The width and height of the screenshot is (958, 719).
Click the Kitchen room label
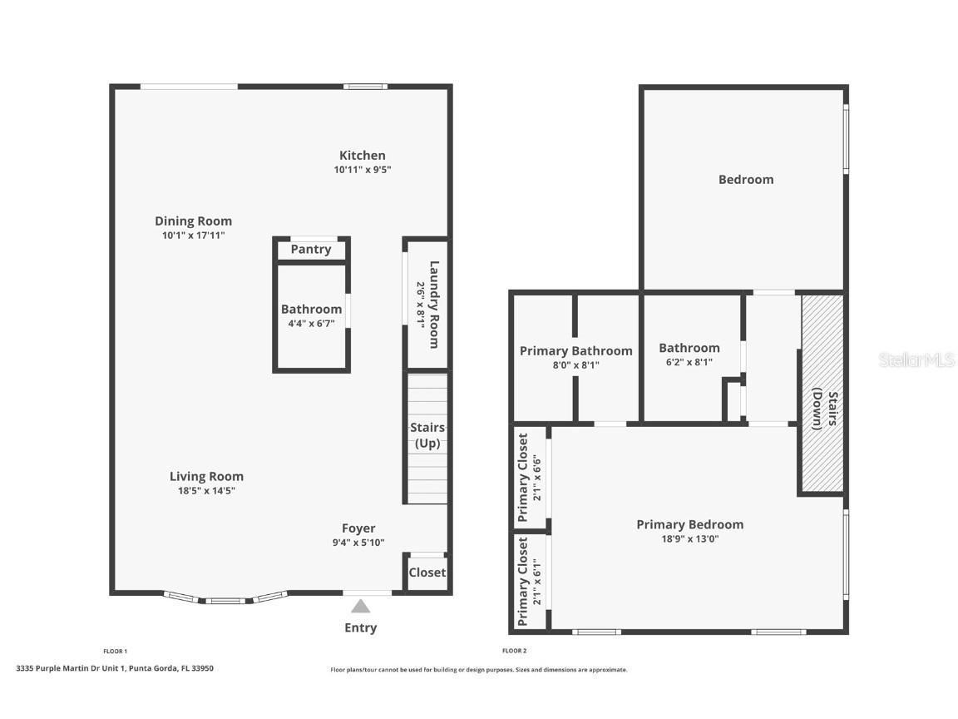362,156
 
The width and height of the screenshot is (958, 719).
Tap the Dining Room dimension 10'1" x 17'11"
193,236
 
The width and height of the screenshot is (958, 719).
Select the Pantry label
311,250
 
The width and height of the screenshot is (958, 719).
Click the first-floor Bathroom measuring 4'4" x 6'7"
311,316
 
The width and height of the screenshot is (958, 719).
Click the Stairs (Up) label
427,435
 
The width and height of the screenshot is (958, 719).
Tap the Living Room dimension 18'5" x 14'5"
206,491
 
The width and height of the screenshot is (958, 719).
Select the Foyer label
358,528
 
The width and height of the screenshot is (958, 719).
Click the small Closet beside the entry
427,573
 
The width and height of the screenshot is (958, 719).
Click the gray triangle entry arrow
360,607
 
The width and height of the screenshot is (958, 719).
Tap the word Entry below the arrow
360,628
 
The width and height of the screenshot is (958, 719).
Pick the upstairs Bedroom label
746,180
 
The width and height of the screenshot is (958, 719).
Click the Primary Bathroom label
575,351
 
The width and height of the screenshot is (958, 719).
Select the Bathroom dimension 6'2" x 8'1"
689,362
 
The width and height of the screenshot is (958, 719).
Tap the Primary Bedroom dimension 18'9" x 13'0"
689,538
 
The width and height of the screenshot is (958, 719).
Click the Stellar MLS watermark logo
916,360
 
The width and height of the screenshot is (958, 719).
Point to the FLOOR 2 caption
514,651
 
